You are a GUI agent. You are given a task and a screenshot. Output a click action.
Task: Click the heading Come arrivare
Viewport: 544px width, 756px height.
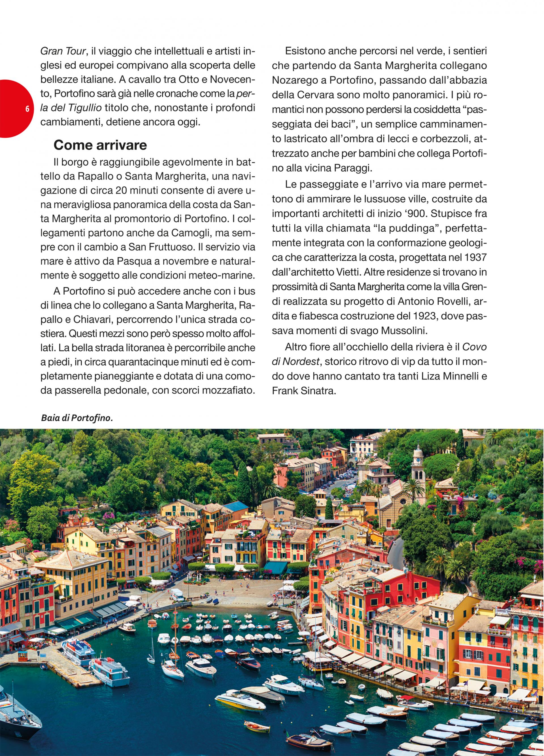click(x=100, y=145)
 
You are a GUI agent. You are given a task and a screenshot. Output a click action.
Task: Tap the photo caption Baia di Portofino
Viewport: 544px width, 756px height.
click(x=76, y=418)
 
